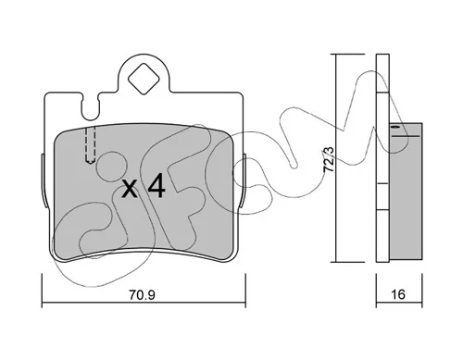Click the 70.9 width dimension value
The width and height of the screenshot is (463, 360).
(142, 295)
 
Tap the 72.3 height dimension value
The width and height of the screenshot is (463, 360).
(329, 159)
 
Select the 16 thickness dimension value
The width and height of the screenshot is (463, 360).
(398, 294)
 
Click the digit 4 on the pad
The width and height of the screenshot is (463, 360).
(156, 185)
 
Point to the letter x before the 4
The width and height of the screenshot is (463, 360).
(130, 188)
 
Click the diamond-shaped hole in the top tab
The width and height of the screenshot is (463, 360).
(144, 79)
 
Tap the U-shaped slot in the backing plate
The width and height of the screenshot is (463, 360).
(90, 106)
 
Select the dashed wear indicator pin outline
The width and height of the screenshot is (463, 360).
(90, 145)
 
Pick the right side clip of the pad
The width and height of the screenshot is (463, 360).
(243, 180)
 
